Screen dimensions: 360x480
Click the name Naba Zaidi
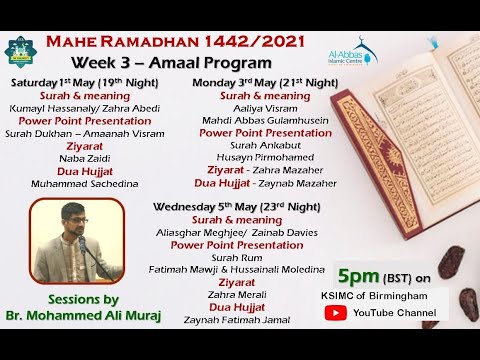pyautogui.click(x=78, y=157)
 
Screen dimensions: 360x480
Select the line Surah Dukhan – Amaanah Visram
pyautogui.click(x=78, y=132)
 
